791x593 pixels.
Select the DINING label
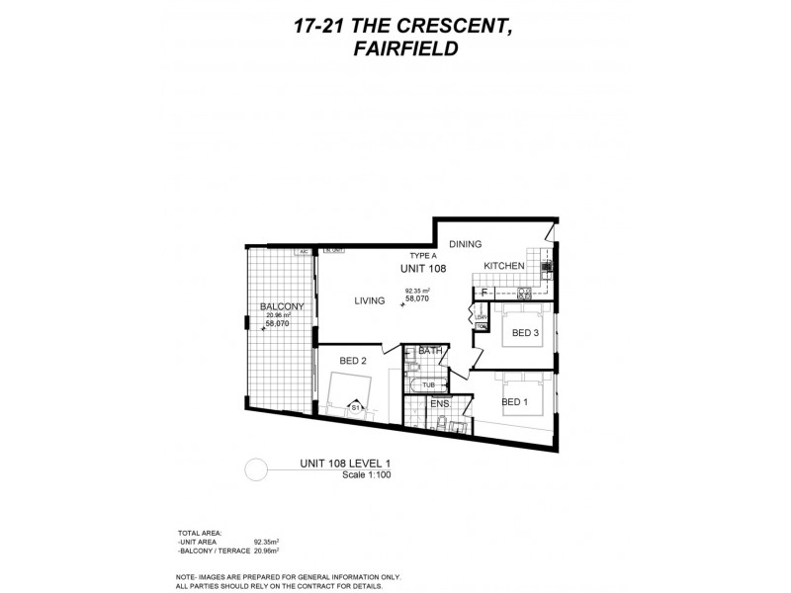[466, 243]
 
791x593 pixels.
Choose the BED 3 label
[524, 332]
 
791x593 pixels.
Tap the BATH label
[429, 351]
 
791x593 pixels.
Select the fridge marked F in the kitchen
[483, 293]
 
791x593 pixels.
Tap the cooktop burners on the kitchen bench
[525, 293]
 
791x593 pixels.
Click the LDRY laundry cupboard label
[482, 317]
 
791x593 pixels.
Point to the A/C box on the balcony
[304, 253]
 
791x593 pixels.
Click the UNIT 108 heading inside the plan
[422, 268]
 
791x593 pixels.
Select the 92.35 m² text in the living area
[419, 291]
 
